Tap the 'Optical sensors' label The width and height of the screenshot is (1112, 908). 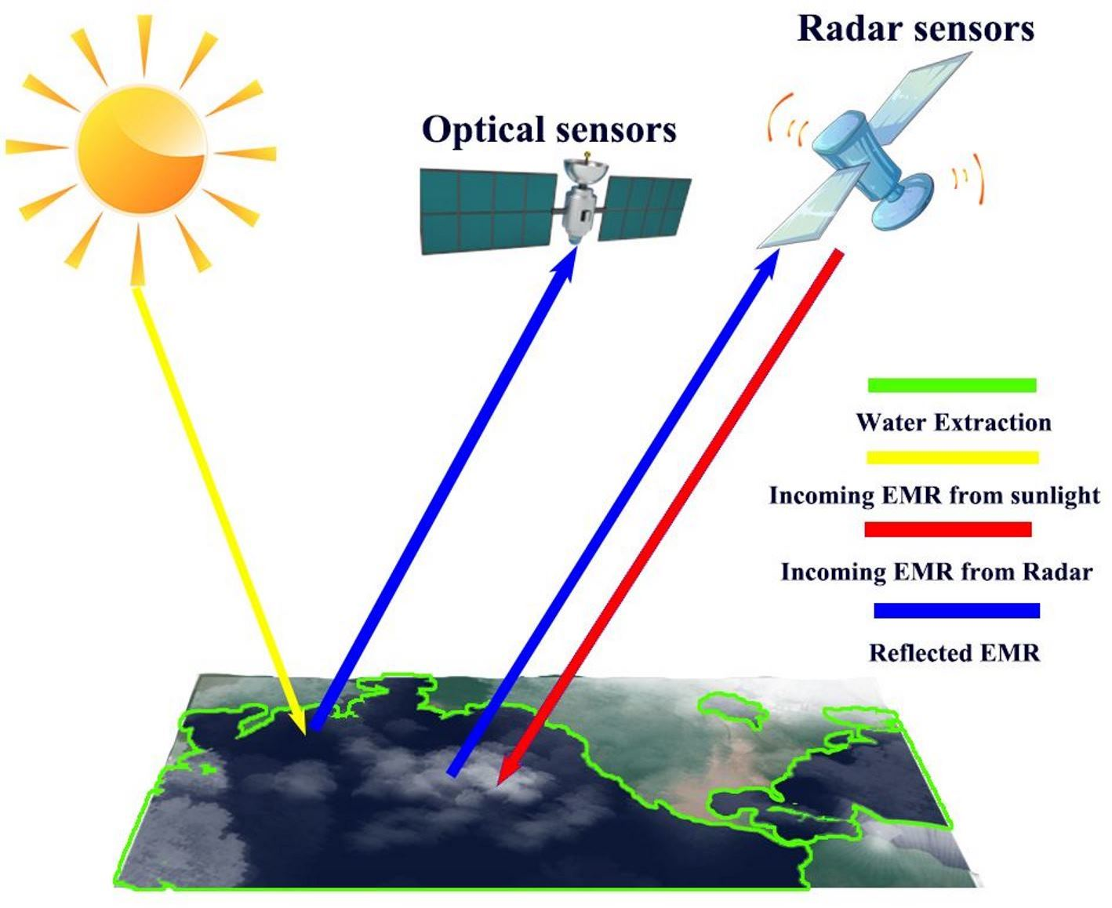(x=549, y=130)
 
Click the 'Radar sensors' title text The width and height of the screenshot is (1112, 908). (x=915, y=29)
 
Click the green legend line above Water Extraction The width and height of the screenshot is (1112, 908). (x=952, y=385)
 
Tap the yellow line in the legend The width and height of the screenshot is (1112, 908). (x=952, y=457)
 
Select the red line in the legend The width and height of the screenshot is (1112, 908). (x=947, y=530)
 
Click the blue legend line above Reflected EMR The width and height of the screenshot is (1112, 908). (x=957, y=610)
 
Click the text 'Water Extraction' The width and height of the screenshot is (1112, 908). (x=953, y=423)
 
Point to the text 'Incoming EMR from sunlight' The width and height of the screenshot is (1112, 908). (x=934, y=496)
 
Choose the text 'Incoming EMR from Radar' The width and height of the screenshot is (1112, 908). (x=936, y=572)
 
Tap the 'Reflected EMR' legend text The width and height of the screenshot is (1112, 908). (x=954, y=652)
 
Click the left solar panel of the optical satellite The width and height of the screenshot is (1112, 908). (x=490, y=210)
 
